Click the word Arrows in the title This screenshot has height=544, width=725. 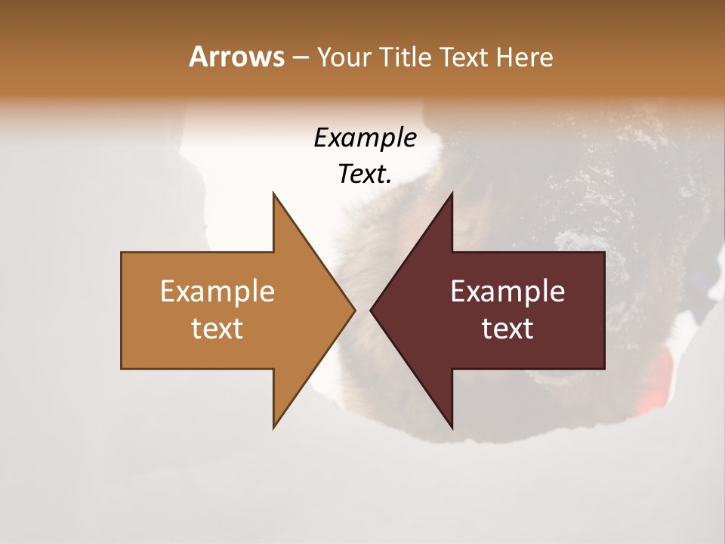tap(236, 57)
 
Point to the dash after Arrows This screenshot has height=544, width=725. tap(300, 58)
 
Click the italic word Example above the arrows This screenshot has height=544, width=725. tap(366, 138)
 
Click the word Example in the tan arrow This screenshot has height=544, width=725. tap(217, 292)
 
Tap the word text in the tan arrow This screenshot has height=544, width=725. tap(217, 329)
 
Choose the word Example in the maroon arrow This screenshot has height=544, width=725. tap(507, 292)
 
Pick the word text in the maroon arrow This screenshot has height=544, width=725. tap(507, 329)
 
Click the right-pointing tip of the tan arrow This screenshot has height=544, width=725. tap(353, 310)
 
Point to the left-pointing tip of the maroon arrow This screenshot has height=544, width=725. tap(372, 310)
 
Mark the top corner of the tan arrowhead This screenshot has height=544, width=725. tap(274, 194)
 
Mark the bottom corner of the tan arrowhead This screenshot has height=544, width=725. tap(274, 427)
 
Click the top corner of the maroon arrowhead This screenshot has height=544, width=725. tap(452, 194)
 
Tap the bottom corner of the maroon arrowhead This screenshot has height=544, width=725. tap(452, 427)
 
